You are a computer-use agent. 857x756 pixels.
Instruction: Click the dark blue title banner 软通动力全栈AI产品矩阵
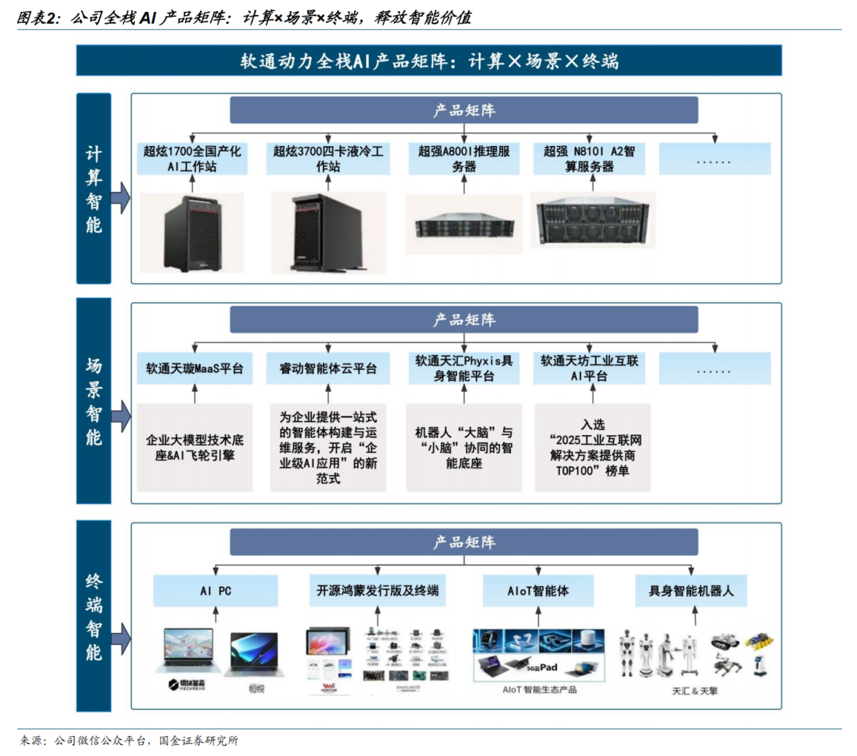tap(428, 60)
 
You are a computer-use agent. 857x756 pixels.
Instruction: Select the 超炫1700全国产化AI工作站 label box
tap(192, 159)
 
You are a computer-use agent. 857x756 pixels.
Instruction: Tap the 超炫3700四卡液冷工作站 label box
tap(328, 159)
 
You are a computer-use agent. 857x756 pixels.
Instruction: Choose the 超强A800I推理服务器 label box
tap(464, 159)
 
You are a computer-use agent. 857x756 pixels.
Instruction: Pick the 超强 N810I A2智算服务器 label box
tap(589, 159)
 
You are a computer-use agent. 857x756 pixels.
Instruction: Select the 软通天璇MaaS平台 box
tap(194, 368)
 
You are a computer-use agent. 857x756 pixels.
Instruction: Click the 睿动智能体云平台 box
tap(328, 368)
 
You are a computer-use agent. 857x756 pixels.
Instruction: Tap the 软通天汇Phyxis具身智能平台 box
tap(464, 368)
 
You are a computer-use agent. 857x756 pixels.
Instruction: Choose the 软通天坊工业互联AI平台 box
tap(589, 368)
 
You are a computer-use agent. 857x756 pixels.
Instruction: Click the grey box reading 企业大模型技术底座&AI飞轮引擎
tap(194, 447)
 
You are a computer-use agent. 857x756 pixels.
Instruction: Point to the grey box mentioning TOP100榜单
tap(592, 447)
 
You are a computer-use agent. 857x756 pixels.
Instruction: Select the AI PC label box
tap(216, 591)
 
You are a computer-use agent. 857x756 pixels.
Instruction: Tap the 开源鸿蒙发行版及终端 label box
tap(377, 591)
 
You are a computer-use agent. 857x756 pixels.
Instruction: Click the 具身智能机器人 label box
tap(691, 591)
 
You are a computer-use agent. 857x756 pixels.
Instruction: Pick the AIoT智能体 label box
tap(538, 591)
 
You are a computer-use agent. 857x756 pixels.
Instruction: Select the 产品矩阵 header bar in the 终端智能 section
tap(464, 542)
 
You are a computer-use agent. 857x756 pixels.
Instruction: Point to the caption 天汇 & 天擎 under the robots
tap(694, 691)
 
